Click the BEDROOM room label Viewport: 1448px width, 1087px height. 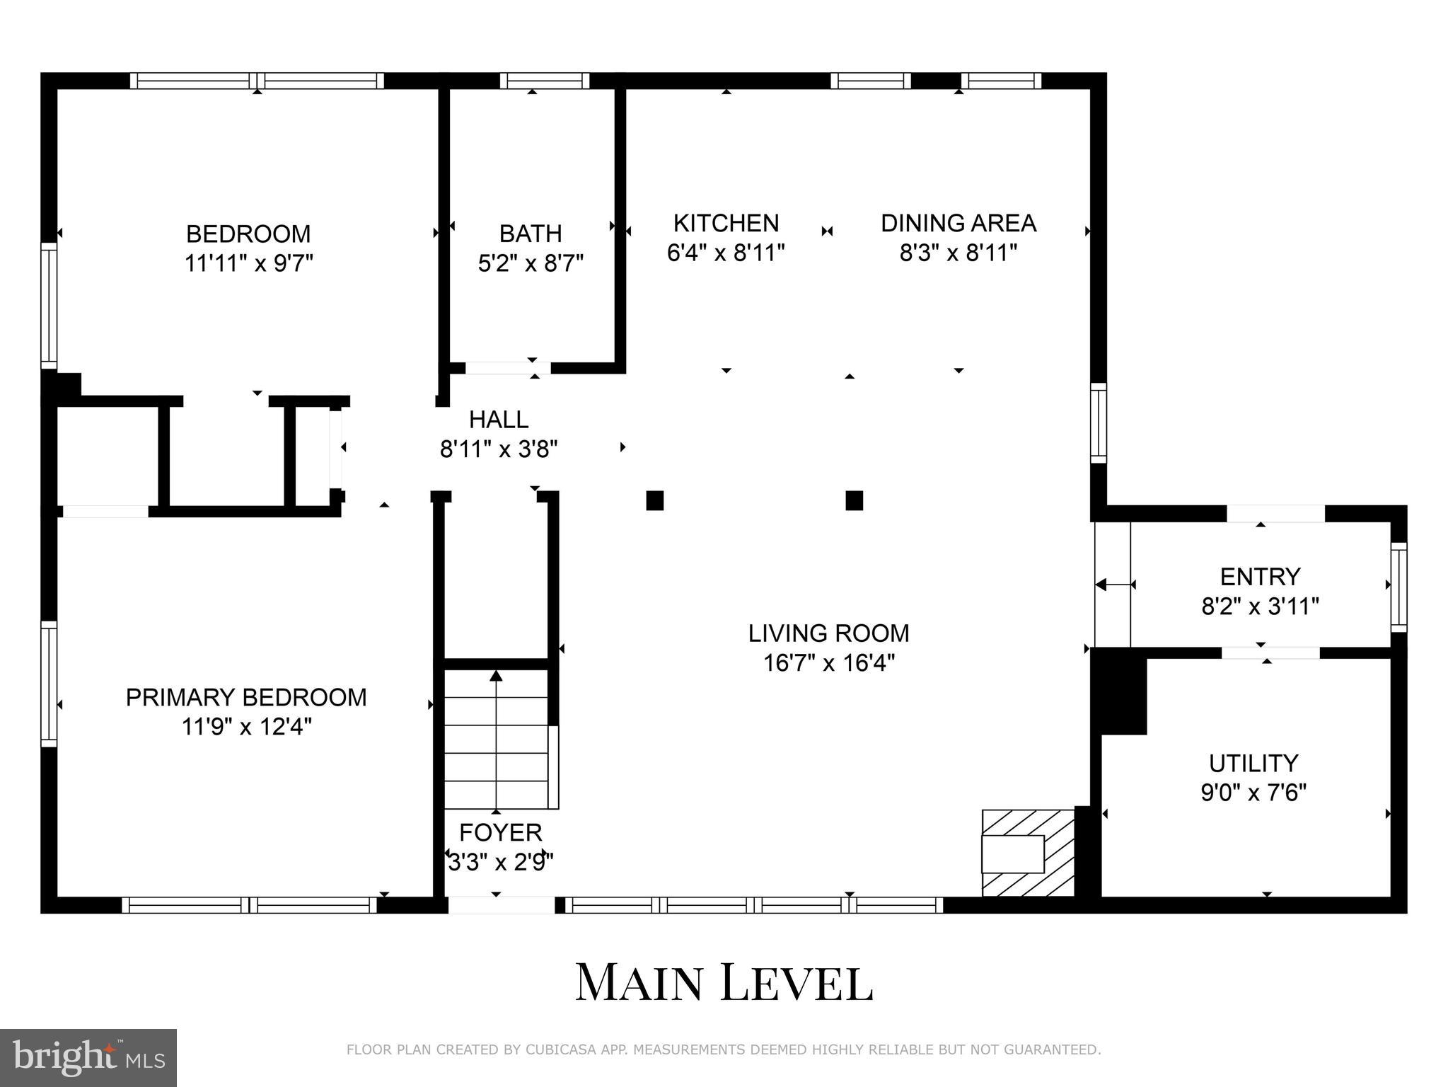coord(248,234)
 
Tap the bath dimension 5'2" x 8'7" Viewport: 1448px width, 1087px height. coord(531,264)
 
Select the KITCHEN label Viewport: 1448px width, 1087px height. coord(726,223)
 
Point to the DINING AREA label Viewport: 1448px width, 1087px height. coord(958,223)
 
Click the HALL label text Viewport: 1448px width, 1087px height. coord(499,420)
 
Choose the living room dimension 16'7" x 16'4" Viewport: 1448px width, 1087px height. coord(829,663)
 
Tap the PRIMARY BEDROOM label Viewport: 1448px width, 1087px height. coord(246,697)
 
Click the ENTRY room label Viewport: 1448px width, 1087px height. coord(1260,577)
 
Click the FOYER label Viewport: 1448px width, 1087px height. coord(500,832)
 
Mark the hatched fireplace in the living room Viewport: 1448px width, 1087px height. coord(1028,853)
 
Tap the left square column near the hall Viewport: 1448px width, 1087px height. coord(654,500)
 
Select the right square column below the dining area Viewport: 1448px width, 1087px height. coord(854,500)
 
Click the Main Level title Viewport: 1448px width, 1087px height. coord(724,982)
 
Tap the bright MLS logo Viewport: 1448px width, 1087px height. coord(88,1057)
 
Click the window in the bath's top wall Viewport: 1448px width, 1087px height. coord(544,81)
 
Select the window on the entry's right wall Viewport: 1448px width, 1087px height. coord(1398,587)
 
